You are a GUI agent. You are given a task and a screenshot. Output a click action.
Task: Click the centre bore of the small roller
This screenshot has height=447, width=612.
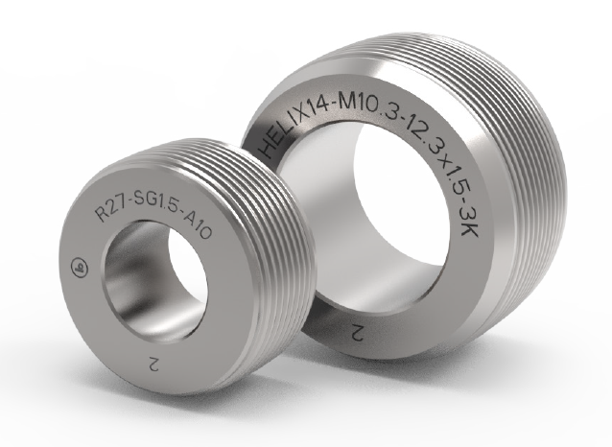coord(155,282)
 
